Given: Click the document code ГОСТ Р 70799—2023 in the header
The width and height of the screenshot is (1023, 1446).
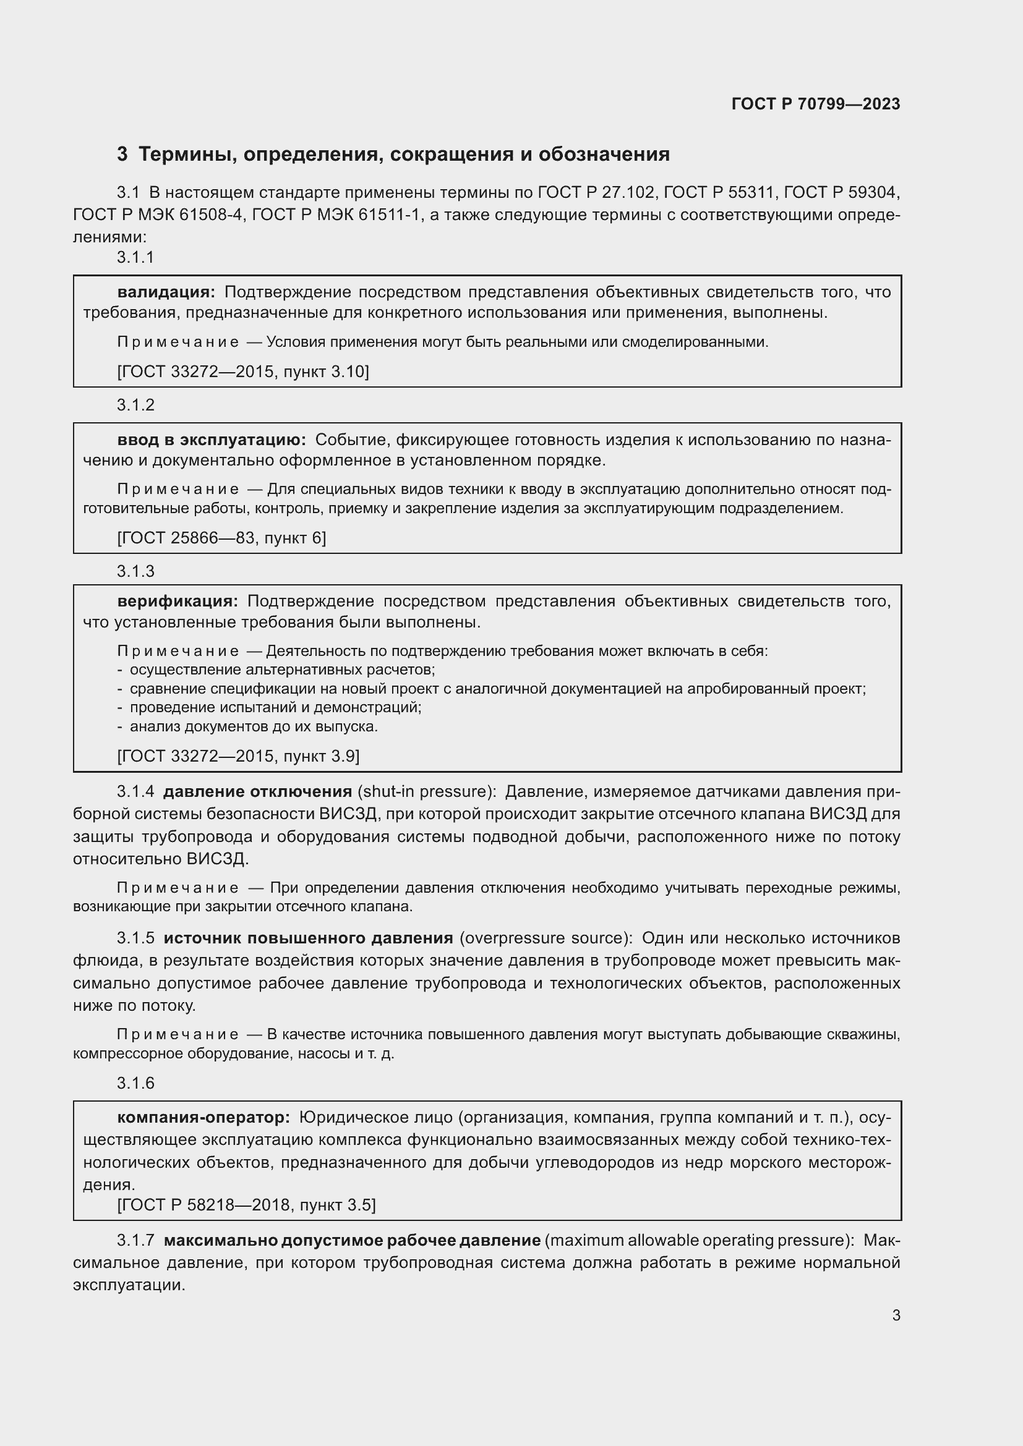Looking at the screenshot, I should coord(816,104).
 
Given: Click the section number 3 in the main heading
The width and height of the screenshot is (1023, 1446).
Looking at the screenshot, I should coord(122,155).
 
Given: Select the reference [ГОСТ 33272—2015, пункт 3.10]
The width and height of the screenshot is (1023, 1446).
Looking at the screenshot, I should coord(243,372).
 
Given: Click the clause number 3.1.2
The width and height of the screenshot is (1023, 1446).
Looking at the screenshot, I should coord(135,405).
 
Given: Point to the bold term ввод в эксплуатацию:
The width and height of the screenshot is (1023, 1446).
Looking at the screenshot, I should coord(212,440).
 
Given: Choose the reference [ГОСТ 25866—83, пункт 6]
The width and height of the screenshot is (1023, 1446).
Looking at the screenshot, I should coord(222,538).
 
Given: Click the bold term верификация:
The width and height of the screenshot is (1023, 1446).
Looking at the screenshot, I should coord(178,602).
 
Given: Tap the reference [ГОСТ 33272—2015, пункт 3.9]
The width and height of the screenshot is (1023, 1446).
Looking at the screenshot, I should coord(239,756).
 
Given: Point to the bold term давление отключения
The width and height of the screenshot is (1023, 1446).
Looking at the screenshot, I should coord(258,792).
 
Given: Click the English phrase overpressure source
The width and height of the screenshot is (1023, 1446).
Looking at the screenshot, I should coord(546,938).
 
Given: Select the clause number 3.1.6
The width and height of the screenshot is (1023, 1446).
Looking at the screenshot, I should coord(135,1083).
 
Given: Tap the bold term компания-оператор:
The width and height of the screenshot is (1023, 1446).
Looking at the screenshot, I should coord(203,1118).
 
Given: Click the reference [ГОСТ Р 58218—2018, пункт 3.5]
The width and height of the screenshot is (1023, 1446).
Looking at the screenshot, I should coord(246,1206).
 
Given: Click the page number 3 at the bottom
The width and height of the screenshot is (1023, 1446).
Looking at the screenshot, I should coord(896,1316).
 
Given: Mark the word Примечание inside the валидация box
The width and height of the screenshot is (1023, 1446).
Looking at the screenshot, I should coord(178,342).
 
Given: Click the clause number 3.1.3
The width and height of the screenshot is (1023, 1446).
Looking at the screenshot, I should coord(135,572).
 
